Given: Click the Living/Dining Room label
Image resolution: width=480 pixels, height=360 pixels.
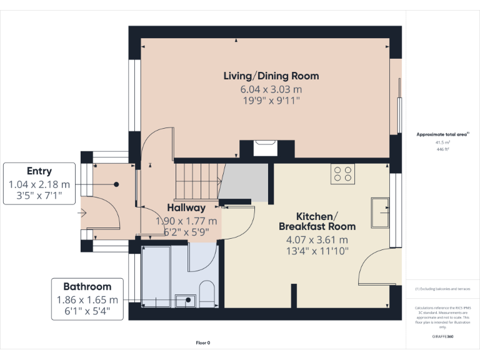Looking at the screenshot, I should click(271, 76).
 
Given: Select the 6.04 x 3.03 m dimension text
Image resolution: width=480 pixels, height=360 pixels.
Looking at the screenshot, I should click(271, 90).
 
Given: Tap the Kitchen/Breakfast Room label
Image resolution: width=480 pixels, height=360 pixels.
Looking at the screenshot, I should click(317, 221).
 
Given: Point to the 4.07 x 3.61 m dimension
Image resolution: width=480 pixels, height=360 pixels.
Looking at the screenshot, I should click(317, 239).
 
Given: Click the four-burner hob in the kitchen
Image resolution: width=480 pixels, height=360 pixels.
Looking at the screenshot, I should click(342, 172).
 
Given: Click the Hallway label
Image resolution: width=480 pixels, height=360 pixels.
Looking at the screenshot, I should click(186, 208).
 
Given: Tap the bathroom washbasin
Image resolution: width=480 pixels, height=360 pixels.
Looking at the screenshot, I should click(186, 301).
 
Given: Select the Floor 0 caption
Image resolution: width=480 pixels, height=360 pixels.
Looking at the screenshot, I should click(203, 342).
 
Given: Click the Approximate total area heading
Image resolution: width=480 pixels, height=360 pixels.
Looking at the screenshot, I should click(442, 134).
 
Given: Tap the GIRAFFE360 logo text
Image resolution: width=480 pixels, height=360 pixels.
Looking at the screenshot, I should click(442, 337).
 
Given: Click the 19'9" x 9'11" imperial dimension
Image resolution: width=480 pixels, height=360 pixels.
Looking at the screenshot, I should click(271, 101).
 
